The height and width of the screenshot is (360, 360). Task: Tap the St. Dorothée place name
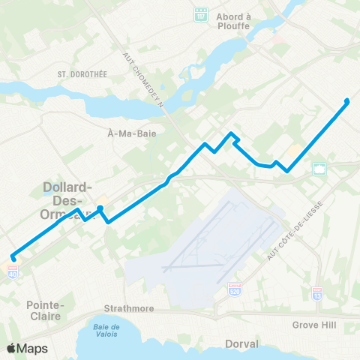tap(73, 74)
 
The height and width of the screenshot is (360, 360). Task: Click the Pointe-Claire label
tap(46, 310)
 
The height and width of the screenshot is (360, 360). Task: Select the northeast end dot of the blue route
tap(346, 100)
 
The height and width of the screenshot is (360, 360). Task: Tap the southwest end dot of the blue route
tap(13, 259)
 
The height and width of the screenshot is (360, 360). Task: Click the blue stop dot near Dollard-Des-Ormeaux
tap(100, 208)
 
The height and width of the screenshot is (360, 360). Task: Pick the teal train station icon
tap(320, 169)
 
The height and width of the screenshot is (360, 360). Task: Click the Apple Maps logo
tap(27, 348)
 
